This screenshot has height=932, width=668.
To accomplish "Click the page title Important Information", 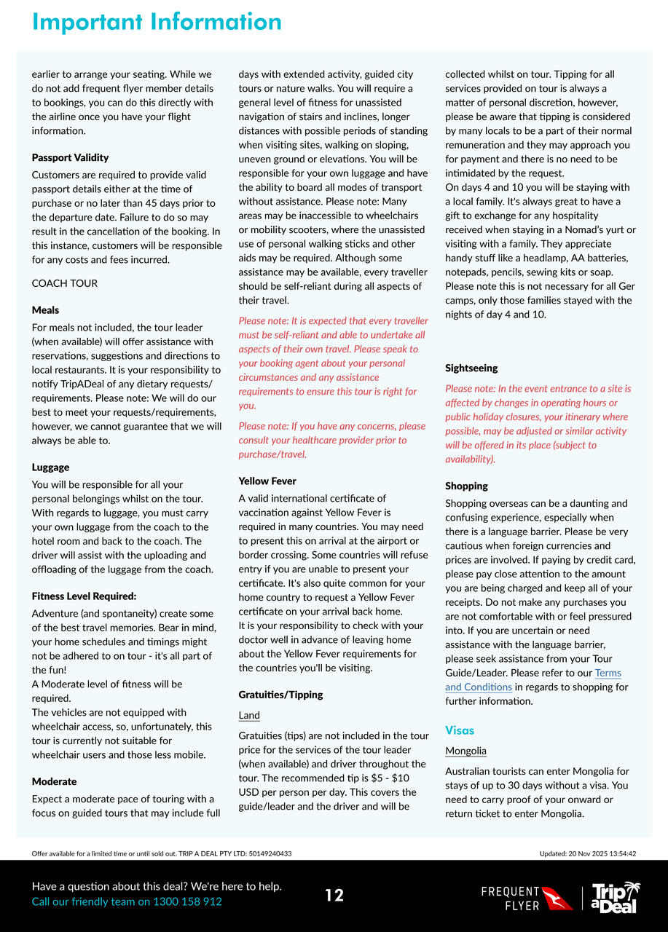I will pyautogui.click(x=157, y=22).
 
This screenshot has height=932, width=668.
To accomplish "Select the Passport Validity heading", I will pyautogui.click(x=70, y=157).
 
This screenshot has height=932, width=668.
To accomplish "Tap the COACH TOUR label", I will pyautogui.click(x=64, y=283).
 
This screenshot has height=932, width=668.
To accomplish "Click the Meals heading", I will pyautogui.click(x=45, y=310).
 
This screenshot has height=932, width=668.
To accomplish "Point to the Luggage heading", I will pyautogui.click(x=50, y=467).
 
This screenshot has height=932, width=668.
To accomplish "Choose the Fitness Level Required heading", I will pyautogui.click(x=84, y=596).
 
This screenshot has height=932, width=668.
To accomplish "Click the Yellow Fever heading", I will pyautogui.click(x=267, y=481).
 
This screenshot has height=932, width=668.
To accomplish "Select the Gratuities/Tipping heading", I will pyautogui.click(x=280, y=695).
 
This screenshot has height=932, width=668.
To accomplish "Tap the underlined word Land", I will pyautogui.click(x=249, y=716).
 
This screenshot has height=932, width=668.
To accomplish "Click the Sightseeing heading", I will pyautogui.click(x=471, y=368).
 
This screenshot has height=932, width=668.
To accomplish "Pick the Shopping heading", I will pyautogui.click(x=466, y=486).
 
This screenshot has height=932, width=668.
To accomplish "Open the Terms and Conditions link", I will pyautogui.click(x=533, y=680).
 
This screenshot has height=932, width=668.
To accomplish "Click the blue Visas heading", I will pyautogui.click(x=460, y=730).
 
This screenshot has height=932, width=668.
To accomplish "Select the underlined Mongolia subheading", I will pyautogui.click(x=465, y=751).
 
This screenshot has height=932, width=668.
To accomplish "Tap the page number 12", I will pyautogui.click(x=334, y=896).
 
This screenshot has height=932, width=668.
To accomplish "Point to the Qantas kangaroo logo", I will pyautogui.click(x=557, y=898).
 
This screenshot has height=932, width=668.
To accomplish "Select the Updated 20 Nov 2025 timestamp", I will pyautogui.click(x=587, y=853).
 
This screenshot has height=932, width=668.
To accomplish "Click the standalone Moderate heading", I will pyautogui.click(x=54, y=782).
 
